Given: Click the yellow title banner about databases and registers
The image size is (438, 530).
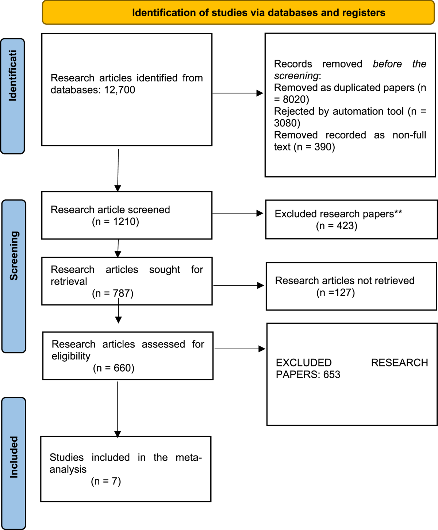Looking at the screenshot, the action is click(x=238, y=12).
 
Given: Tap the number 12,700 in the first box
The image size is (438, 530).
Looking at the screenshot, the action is click(x=120, y=90).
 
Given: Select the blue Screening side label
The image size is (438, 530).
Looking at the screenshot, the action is click(x=14, y=276).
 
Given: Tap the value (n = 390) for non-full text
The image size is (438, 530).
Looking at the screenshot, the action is click(x=314, y=147).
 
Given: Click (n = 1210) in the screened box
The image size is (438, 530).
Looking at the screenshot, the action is click(x=116, y=222).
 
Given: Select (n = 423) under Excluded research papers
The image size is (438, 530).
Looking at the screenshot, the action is click(x=337, y=226).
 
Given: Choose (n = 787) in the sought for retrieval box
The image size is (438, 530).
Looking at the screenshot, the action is click(x=113, y=293).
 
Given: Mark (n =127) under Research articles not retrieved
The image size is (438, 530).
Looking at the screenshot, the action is click(x=336, y=293).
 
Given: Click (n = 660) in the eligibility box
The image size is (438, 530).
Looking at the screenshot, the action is click(x=114, y=368).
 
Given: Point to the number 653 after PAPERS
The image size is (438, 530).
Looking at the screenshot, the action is click(x=332, y=375).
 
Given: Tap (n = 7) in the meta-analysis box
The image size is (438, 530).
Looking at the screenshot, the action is click(x=106, y=481).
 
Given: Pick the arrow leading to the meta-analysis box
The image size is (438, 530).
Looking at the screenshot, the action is click(x=118, y=410).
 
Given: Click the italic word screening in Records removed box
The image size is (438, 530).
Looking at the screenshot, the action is click(x=296, y=76).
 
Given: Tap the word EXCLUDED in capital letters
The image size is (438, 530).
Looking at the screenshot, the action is click(x=304, y=363).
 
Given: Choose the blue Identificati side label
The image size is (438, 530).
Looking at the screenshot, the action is click(x=12, y=96).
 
